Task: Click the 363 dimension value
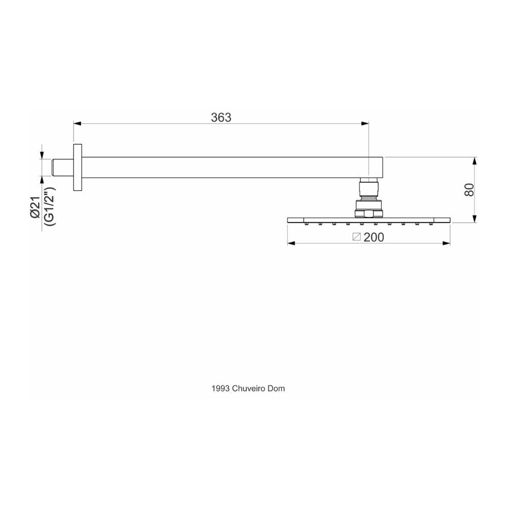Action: click(221, 118)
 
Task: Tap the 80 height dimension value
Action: click(469, 190)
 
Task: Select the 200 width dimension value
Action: click(374, 237)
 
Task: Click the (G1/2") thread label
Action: click(49, 206)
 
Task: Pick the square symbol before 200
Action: click(356, 237)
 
